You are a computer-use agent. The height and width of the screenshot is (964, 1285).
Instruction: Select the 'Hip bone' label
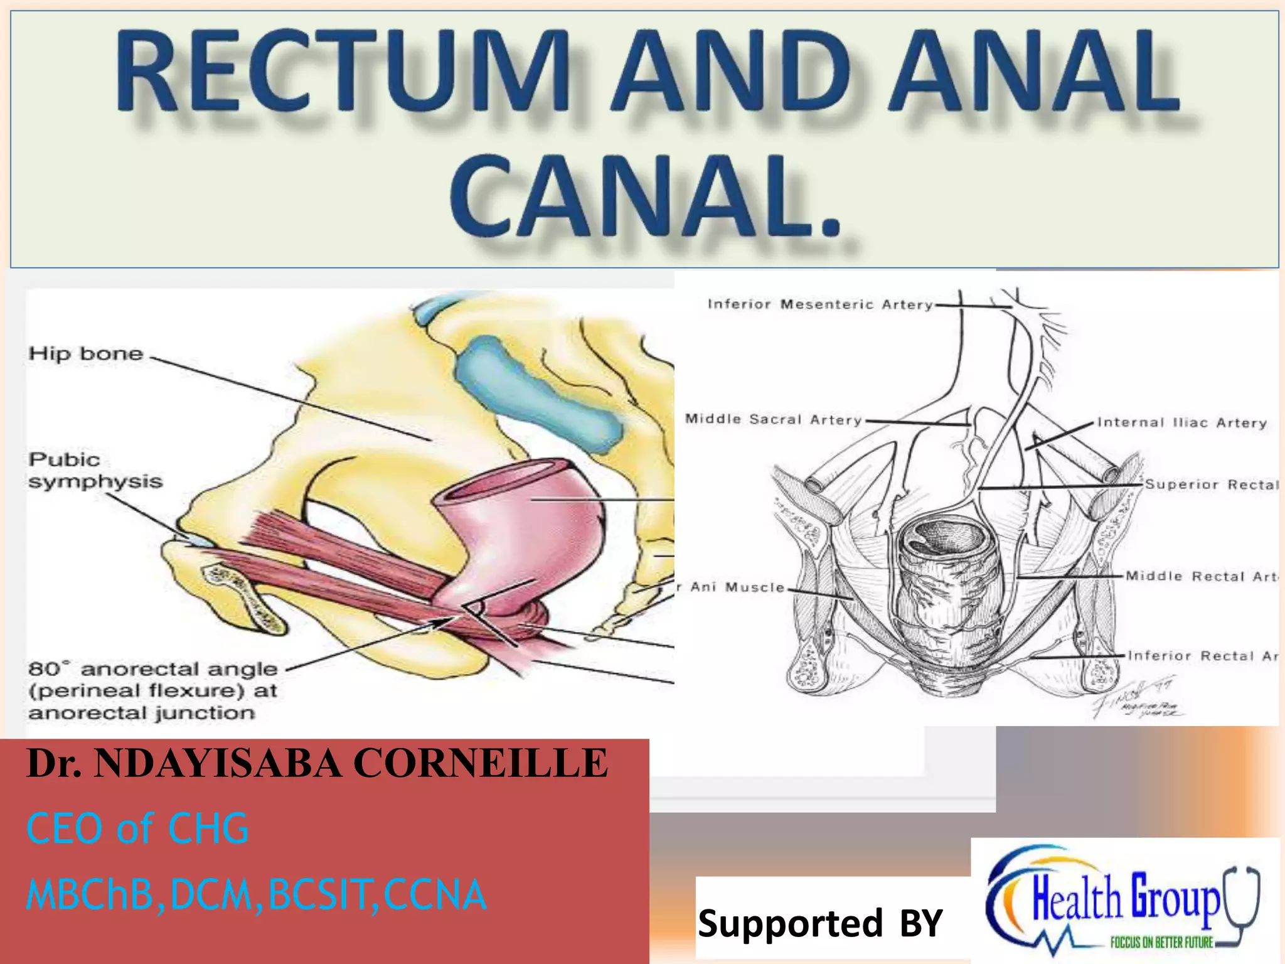[86, 353]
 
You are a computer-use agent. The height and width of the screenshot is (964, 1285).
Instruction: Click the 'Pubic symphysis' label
[95, 471]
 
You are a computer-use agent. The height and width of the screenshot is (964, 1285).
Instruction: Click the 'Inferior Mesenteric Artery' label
[819, 304]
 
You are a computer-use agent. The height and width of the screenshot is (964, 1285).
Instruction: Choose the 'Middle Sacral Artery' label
[773, 419]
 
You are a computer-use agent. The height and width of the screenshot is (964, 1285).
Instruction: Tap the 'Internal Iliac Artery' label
[1182, 423]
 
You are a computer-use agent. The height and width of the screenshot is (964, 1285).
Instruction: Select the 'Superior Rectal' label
[1211, 485]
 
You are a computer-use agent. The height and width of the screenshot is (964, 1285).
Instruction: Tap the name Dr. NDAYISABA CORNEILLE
[317, 764]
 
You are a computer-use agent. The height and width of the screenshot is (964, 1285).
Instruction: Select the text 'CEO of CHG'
[137, 828]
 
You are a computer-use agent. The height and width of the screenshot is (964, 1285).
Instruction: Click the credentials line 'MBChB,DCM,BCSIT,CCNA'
[256, 894]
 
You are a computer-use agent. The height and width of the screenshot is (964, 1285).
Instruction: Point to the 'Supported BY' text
[820, 923]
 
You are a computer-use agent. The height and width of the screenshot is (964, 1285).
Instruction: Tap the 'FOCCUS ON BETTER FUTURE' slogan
[1161, 942]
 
